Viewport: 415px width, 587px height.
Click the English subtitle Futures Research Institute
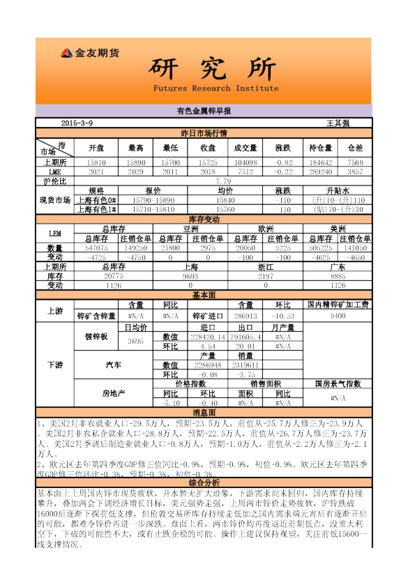[216, 89]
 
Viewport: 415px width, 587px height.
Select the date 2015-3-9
[77, 123]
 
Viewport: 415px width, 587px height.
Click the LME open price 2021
[96, 171]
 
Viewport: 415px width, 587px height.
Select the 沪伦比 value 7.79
[224, 181]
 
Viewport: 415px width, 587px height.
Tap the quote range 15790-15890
[153, 199]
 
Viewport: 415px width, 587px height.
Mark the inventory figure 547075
[96, 247]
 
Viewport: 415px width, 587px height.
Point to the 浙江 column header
[264, 266]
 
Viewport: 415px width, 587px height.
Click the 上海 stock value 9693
[190, 275]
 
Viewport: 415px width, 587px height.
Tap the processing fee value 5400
[338, 315]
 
